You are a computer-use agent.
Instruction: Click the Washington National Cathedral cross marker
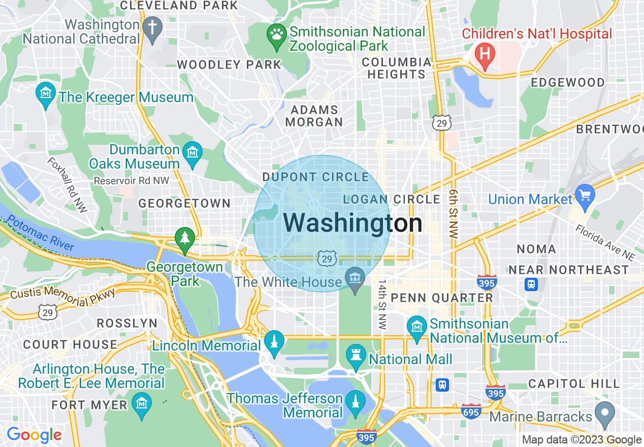click(x=152, y=27)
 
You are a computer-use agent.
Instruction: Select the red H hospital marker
click(x=485, y=54)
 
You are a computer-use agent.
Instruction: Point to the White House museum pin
click(x=355, y=278)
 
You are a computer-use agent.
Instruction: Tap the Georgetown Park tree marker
click(x=185, y=239)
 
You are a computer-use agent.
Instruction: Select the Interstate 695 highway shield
click(x=471, y=411)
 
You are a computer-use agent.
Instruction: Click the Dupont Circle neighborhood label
click(x=315, y=177)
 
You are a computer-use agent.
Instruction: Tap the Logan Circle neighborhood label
click(x=392, y=199)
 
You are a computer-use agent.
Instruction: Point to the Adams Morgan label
click(x=314, y=116)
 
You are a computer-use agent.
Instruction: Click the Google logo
click(x=34, y=435)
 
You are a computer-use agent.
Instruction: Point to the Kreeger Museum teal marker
click(x=46, y=94)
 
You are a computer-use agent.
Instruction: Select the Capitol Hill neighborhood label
click(x=574, y=384)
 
